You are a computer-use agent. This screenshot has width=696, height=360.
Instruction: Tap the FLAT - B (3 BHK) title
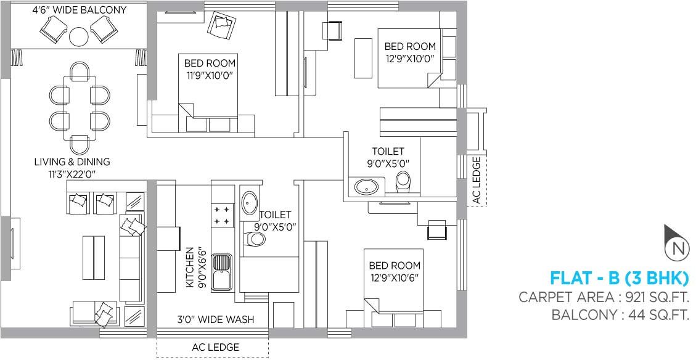[618, 277]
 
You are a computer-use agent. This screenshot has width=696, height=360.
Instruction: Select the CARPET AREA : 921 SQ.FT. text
[603, 297]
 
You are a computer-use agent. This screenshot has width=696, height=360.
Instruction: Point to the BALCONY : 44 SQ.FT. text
[620, 315]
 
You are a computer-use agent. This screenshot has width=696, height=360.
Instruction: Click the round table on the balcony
[79, 37]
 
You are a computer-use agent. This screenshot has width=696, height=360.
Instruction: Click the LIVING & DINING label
[72, 162]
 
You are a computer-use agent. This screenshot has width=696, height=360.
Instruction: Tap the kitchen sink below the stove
[222, 272]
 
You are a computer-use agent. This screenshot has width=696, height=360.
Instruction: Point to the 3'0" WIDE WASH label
[215, 320]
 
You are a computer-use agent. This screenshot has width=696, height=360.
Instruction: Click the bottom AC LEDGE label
[215, 347]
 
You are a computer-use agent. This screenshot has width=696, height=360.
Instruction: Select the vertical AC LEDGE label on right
[475, 179]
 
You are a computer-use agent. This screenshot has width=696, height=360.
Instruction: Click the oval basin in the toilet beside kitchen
[250, 201]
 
